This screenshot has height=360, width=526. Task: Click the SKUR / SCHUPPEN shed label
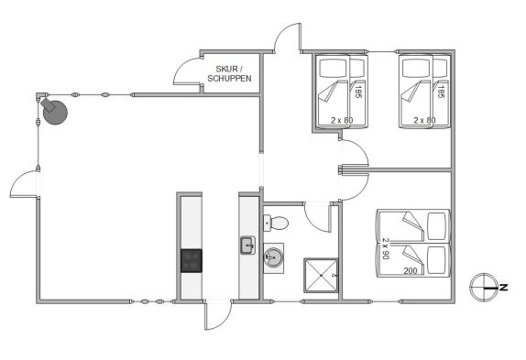229,74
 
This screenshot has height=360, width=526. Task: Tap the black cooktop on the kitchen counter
192,260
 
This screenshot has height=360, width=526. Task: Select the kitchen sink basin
247,245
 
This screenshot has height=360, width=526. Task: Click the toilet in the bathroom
276,223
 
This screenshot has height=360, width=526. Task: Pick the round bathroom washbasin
273,257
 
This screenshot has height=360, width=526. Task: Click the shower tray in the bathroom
321,275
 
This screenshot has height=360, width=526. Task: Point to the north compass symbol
484,287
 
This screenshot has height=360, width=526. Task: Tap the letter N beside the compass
503,288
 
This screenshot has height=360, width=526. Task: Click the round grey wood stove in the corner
55,112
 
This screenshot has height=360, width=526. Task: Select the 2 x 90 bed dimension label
386,248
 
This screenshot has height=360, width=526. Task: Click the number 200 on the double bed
411,271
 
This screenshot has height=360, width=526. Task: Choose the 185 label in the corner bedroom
441,92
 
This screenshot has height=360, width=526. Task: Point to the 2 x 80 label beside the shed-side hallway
342,120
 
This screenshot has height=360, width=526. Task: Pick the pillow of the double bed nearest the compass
437,257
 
